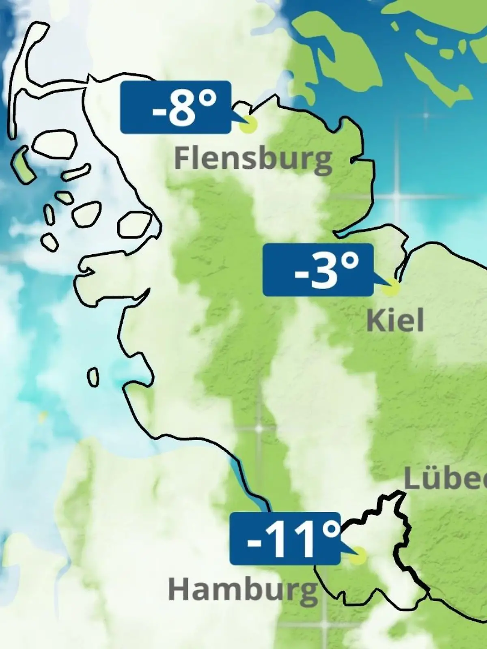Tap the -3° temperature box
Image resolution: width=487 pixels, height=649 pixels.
click(x=318, y=270)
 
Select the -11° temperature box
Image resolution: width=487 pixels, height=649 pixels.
click(x=284, y=539)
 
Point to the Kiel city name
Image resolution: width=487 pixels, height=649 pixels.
click(x=395, y=320)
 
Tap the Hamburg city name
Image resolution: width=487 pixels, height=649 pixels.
click(x=242, y=590)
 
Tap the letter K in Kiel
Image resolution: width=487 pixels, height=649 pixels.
click(x=375, y=320)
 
